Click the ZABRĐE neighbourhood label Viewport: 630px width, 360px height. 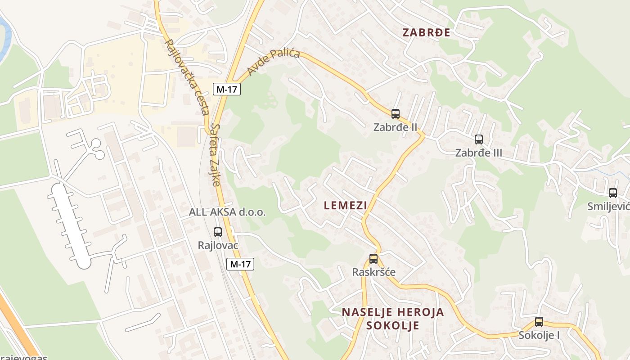tap(426, 32)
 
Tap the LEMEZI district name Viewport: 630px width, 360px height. tap(345, 206)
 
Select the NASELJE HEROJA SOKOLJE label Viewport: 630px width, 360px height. tap(393, 318)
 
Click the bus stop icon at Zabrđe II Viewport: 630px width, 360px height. tap(396, 114)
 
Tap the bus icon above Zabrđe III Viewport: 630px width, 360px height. tap(479, 139)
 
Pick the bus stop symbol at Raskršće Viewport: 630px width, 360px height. tap(373, 259)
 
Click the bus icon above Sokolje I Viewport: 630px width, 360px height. tap(539, 322)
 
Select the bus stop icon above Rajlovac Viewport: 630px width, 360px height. tap(218, 232)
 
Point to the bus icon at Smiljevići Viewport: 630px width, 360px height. tap(613, 193)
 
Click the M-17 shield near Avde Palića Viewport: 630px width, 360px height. tap(227, 89)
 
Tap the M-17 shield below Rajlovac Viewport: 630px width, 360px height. tap(240, 264)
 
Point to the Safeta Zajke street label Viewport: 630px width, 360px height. tap(216, 155)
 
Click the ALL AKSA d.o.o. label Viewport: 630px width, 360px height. tap(227, 212)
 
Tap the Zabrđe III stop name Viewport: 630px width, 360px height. tap(479, 153)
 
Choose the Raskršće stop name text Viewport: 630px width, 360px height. tap(374, 272)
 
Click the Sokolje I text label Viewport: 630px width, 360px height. tap(539, 335)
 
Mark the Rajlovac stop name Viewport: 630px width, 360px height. tap(218, 245)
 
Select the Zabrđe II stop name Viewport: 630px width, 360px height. tap(396, 127)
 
